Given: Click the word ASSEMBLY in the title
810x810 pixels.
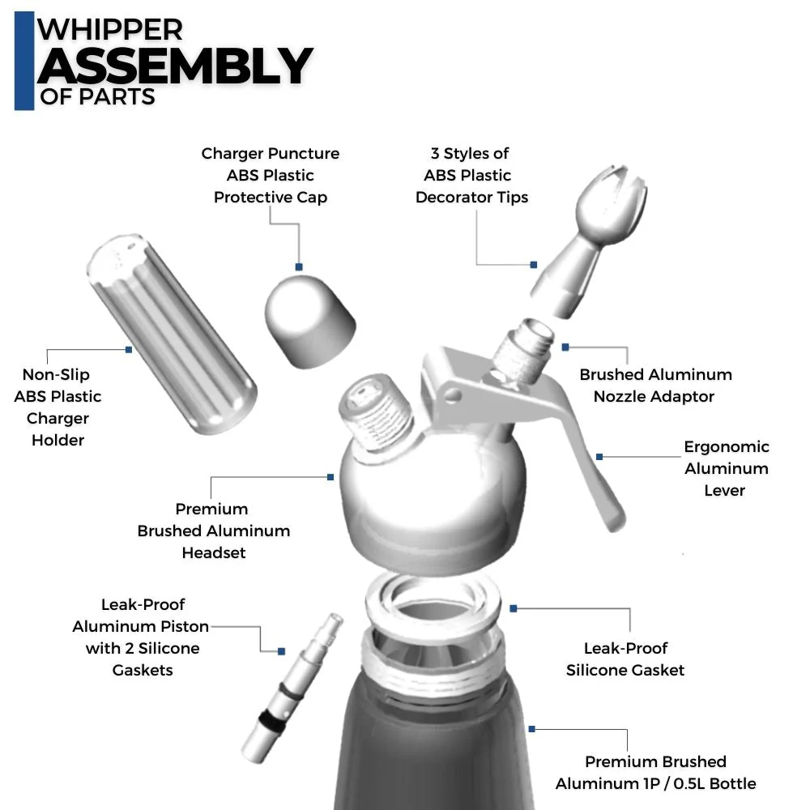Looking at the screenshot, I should [x=174, y=66].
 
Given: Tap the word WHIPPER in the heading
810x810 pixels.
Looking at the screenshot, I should [x=111, y=29].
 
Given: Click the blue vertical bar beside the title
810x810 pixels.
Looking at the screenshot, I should [x=24, y=60].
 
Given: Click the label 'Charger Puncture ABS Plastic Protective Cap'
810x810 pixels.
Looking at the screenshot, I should [x=271, y=175].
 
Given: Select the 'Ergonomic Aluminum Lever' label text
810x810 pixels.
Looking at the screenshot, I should [x=726, y=468].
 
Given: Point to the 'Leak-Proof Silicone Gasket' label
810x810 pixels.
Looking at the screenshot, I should [x=625, y=659].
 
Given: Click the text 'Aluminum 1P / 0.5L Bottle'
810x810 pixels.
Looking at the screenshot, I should [x=655, y=783].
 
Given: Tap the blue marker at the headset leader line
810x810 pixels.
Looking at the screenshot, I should [x=330, y=477].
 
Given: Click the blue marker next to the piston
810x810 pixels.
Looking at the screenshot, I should [x=281, y=650].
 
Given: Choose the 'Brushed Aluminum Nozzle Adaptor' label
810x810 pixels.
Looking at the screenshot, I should [x=654, y=386].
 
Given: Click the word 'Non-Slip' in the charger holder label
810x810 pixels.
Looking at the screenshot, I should [x=56, y=374].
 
